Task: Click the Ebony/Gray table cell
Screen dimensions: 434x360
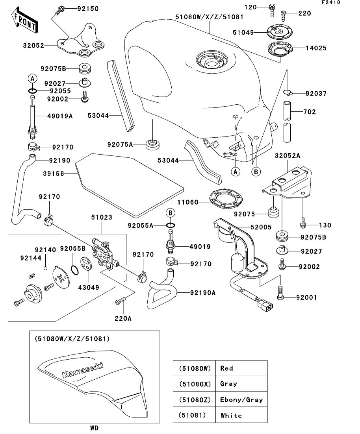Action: [241, 399]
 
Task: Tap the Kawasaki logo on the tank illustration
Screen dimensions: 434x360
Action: [83, 370]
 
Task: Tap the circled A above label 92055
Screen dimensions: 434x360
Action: [33, 79]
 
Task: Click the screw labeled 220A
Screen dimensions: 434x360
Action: [119, 302]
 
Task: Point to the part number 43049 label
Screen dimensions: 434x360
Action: [89, 288]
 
